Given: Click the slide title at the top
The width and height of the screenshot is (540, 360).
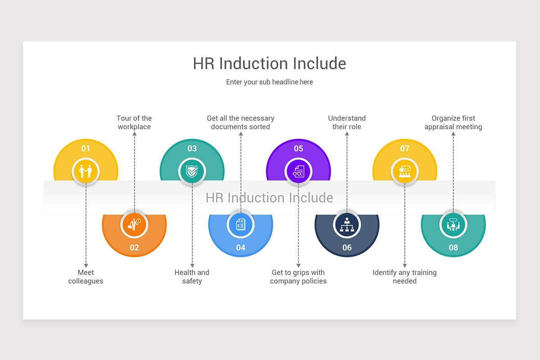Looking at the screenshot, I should pos(270,63).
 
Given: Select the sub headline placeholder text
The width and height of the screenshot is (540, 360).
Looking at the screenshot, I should pos(270,82).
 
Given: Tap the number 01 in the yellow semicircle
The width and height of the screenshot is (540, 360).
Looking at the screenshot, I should pos(85,148).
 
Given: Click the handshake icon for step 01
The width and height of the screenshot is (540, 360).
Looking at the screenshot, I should pos(85,171).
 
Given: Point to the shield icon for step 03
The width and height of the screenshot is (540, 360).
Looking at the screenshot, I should pos(192,171).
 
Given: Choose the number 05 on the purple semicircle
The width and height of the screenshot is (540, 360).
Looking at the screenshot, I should pos(298,148).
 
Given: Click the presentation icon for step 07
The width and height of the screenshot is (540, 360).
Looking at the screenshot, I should pos(405,171).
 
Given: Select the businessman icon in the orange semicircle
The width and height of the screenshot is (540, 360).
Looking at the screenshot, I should pos(134,224).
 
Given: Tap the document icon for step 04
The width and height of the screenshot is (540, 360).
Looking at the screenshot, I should pos(241,224).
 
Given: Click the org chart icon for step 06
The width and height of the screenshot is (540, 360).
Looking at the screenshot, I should pos(347,224).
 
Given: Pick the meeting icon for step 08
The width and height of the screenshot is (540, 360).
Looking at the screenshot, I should pos(453,224).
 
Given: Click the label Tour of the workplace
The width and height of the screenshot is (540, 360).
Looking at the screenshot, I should pos(134,122).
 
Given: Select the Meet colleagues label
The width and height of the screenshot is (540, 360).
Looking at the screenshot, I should pos(85,277).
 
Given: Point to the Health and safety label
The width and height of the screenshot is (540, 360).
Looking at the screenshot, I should pos(192,277).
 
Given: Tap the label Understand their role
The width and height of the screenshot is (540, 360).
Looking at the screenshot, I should pos(347,122).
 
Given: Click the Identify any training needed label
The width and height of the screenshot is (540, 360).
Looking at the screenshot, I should pos(405,277).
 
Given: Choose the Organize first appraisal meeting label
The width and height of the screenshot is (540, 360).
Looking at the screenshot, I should pos(453,122).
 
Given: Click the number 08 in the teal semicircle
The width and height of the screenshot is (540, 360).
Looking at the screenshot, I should pos(453,247).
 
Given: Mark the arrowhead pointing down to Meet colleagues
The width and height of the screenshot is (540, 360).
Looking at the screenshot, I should pos(85,265).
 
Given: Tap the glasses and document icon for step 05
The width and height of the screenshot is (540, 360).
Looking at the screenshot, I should pos(298,171).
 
